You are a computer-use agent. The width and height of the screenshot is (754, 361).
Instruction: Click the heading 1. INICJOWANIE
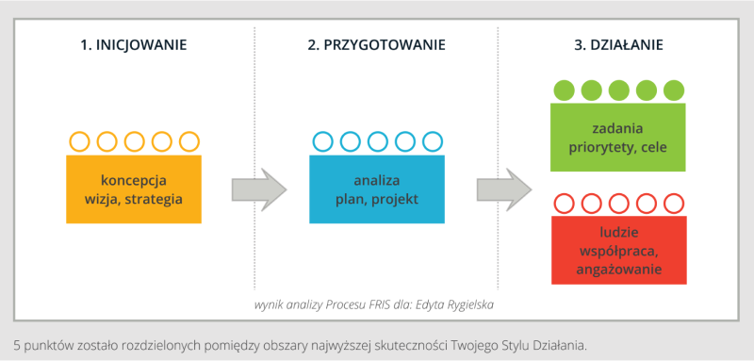133,44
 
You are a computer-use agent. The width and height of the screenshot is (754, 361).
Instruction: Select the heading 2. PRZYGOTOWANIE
376,44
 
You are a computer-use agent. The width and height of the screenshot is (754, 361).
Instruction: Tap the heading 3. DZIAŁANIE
618,44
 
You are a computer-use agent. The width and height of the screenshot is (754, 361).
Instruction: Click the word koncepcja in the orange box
134,181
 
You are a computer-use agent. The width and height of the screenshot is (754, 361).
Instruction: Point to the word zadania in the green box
617,129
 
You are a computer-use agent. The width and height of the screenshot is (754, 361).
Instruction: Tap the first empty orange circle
80,141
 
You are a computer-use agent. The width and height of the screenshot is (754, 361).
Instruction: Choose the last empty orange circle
188,141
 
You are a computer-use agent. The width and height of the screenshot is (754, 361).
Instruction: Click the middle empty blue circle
377,141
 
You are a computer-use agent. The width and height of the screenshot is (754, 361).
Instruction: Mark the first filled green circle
564,90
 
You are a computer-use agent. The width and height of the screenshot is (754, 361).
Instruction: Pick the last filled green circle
672,90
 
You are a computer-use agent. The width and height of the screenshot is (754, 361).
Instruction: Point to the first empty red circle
564,202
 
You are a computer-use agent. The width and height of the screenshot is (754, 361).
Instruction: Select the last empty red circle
672,202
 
